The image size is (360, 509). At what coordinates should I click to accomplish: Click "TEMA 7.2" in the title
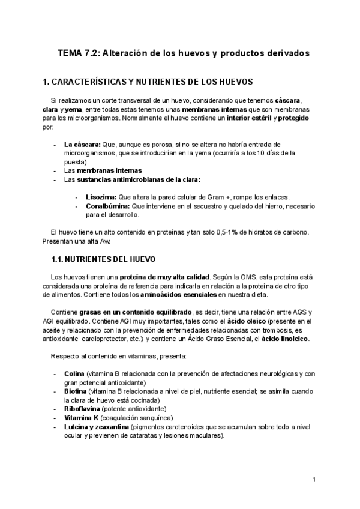(x=78, y=53)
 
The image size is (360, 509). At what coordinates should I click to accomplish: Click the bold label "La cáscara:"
(x=82, y=144)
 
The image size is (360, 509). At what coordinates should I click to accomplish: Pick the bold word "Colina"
(x=74, y=373)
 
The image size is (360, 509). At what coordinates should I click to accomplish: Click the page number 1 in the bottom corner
(x=314, y=480)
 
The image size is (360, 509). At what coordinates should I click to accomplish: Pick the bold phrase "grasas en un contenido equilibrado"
(x=131, y=312)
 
